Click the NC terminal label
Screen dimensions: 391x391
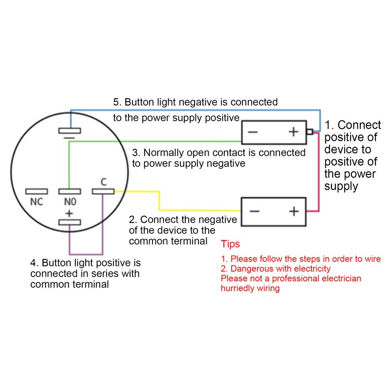pos(36,202)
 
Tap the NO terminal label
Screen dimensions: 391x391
pos(70,202)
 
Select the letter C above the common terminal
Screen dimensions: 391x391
pos(104,182)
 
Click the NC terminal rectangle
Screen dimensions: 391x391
pos(36,191)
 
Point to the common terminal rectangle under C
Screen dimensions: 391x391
pos(103,191)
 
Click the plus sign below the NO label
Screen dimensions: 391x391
pos(69,214)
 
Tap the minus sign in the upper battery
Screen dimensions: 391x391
pos(253,132)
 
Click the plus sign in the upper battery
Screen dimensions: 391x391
pos(294,131)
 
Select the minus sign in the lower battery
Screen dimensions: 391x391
pos(255,212)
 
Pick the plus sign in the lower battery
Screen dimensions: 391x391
pos(294,212)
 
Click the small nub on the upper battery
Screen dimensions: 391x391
pos(310,131)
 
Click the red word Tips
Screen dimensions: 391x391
pos(230,244)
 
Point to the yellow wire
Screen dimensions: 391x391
pos(159,201)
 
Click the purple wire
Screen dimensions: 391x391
pos(86,254)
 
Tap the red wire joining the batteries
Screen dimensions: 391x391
pos(319,172)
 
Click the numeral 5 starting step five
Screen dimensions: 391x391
pos(116,102)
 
